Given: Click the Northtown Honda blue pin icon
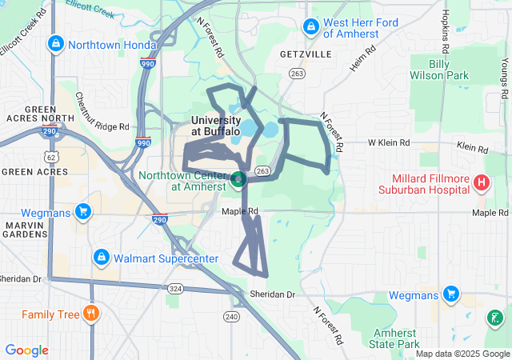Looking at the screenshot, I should [55, 44].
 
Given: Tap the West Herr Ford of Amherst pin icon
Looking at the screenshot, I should [310, 28].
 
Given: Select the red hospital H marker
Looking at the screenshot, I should [481, 183].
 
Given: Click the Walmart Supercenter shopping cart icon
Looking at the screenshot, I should [102, 258].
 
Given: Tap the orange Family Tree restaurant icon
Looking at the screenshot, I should [92, 314].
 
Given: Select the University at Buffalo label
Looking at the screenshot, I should [215, 125].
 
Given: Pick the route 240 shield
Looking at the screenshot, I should [232, 317].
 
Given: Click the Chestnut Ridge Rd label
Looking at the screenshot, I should [102, 112].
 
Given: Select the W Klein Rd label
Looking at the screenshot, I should [389, 143].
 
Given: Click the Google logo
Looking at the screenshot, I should [26, 350].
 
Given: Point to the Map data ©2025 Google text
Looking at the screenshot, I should [462, 354].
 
